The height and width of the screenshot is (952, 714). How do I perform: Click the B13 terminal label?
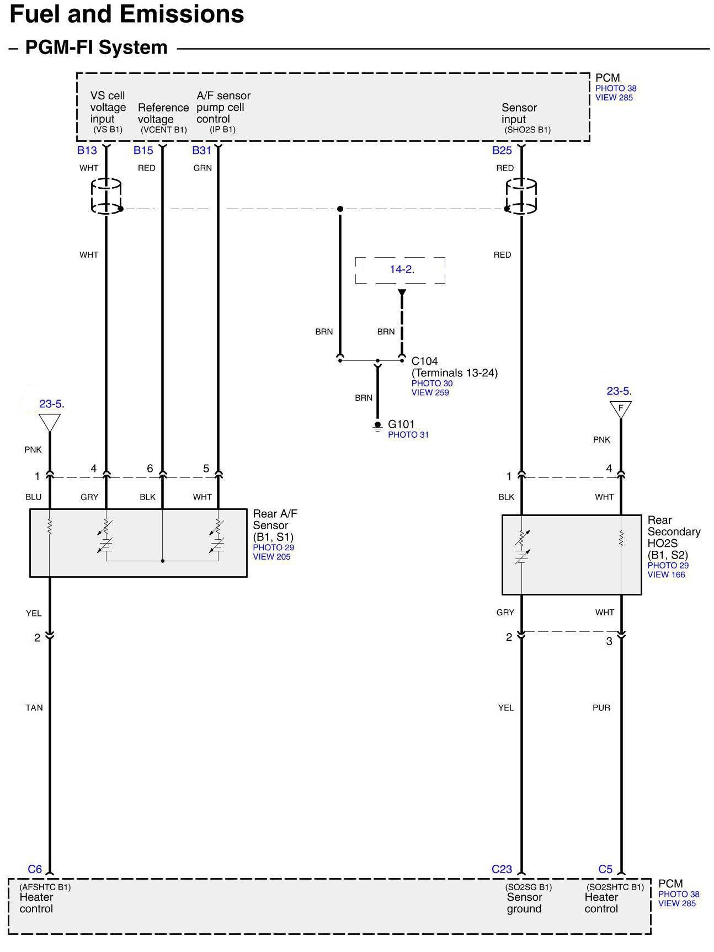(87, 150)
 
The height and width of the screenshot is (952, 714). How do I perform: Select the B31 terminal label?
(201, 150)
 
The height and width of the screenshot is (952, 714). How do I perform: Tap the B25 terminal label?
(502, 150)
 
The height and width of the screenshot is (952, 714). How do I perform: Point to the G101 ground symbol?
(377, 426)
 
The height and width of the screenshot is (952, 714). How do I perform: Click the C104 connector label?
(425, 361)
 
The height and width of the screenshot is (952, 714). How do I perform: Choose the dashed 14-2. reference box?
(400, 270)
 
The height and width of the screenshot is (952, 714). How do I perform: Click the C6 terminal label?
(35, 869)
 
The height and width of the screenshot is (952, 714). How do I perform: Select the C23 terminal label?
(502, 869)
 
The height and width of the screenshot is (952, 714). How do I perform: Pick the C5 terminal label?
(605, 869)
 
